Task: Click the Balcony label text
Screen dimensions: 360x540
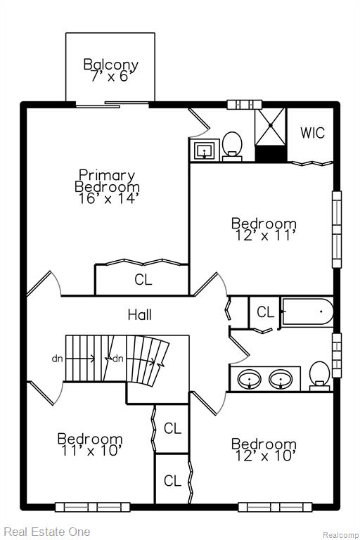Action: tap(111, 65)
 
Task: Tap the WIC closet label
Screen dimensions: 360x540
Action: tap(312, 133)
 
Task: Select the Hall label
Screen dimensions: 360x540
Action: tap(139, 315)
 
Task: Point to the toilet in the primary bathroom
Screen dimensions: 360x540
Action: tap(232, 146)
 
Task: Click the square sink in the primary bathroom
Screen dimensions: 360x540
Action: tap(205, 150)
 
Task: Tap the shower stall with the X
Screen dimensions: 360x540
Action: tap(271, 127)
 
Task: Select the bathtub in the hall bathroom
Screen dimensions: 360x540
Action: tap(308, 312)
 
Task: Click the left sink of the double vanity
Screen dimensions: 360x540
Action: tap(250, 379)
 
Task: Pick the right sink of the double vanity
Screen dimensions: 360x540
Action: tap(281, 379)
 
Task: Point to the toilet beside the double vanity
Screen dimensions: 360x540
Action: tap(319, 375)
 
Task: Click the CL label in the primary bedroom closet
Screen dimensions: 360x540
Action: tap(143, 280)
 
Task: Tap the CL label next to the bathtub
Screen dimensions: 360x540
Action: tap(265, 312)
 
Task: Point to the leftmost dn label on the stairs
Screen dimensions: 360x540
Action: tap(57, 359)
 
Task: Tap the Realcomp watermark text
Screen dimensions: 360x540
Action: tap(340, 535)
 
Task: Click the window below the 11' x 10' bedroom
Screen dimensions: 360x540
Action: tap(92, 507)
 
